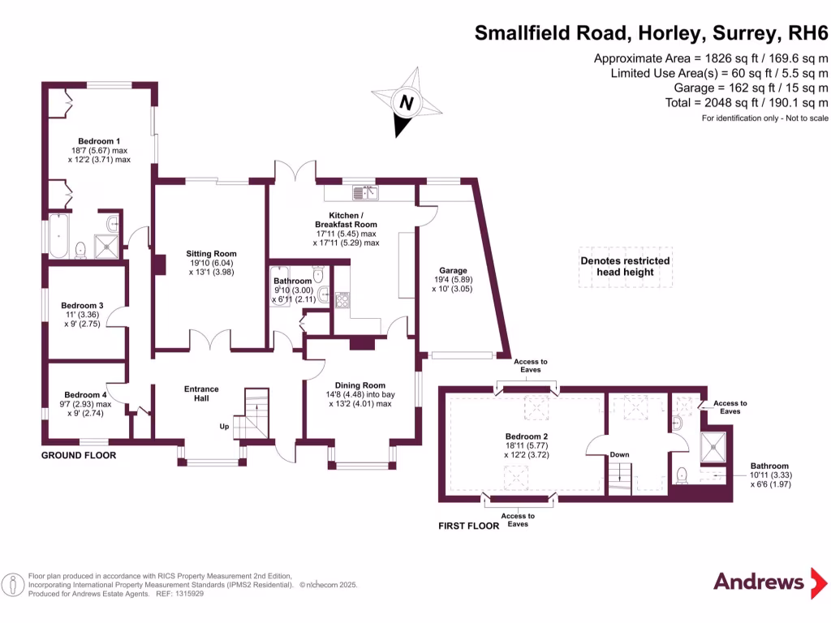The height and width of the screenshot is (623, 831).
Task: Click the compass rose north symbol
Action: (x=407, y=102)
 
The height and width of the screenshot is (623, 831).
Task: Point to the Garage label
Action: (x=453, y=271)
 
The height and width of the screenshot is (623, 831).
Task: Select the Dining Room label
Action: (x=361, y=385)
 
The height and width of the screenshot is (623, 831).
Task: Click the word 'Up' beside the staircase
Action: (x=224, y=426)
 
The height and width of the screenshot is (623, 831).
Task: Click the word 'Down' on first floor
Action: (x=619, y=455)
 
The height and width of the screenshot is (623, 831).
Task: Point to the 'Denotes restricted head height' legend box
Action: (x=625, y=266)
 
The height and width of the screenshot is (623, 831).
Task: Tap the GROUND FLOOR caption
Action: (x=79, y=456)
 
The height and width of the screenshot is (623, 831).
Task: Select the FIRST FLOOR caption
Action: (x=469, y=526)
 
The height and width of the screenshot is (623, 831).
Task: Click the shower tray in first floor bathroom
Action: (x=715, y=445)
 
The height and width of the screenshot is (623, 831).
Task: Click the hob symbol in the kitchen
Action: (x=342, y=299)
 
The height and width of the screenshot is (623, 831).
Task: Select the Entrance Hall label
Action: (x=201, y=393)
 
